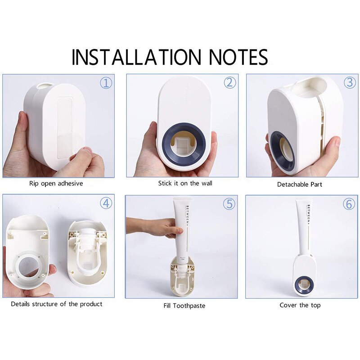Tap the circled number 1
(x=106, y=83)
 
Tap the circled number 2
(x=230, y=83)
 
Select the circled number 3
(x=350, y=83)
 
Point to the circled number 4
(x=106, y=203)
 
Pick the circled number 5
(x=229, y=204)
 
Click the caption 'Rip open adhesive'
(x=56, y=184)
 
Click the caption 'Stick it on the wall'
(x=185, y=183)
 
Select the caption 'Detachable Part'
(x=300, y=184)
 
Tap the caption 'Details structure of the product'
(x=57, y=304)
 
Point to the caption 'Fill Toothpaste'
(x=184, y=306)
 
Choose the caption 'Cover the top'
(x=300, y=305)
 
